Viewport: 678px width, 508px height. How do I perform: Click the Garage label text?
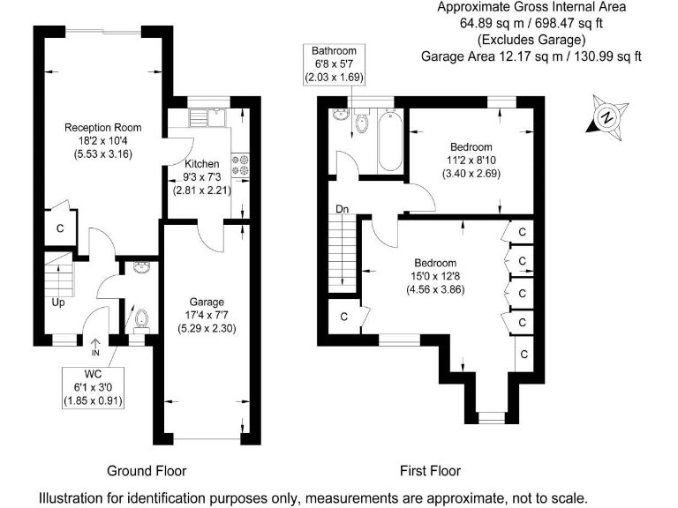[x=207, y=314]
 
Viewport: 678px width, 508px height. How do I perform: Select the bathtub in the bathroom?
[x=389, y=142]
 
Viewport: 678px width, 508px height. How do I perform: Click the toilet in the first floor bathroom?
[x=360, y=124]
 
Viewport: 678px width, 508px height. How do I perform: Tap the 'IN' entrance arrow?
[x=95, y=347]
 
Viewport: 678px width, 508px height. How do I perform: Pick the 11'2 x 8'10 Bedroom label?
[x=471, y=160]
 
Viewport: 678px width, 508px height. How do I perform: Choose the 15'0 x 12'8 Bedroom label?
[x=435, y=276]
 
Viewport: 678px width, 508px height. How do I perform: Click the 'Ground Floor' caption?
[x=147, y=470]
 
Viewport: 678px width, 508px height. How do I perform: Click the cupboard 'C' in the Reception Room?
[x=61, y=228]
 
